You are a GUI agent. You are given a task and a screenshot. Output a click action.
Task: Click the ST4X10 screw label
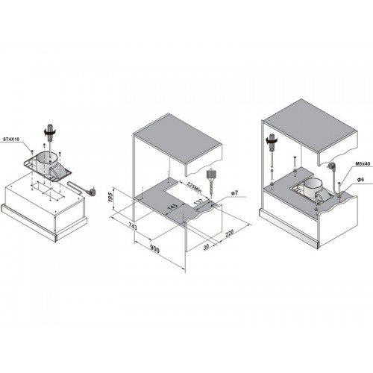12,139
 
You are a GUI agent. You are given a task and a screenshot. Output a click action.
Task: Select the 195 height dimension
112,197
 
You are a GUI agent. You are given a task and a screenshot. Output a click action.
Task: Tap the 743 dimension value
133,227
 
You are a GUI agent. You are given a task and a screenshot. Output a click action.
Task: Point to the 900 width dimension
154,249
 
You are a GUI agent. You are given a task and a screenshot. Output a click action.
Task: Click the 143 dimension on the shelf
172,207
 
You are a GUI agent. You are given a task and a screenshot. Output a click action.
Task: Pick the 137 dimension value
198,201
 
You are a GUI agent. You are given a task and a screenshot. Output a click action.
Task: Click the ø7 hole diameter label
234,192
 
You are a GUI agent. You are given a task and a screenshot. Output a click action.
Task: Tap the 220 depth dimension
230,233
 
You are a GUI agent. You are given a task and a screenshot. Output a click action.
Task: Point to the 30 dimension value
206,247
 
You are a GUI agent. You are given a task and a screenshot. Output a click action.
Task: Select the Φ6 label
361,180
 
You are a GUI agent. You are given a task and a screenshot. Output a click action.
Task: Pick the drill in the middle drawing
211,184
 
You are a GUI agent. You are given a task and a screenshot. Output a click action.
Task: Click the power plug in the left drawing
93,192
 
